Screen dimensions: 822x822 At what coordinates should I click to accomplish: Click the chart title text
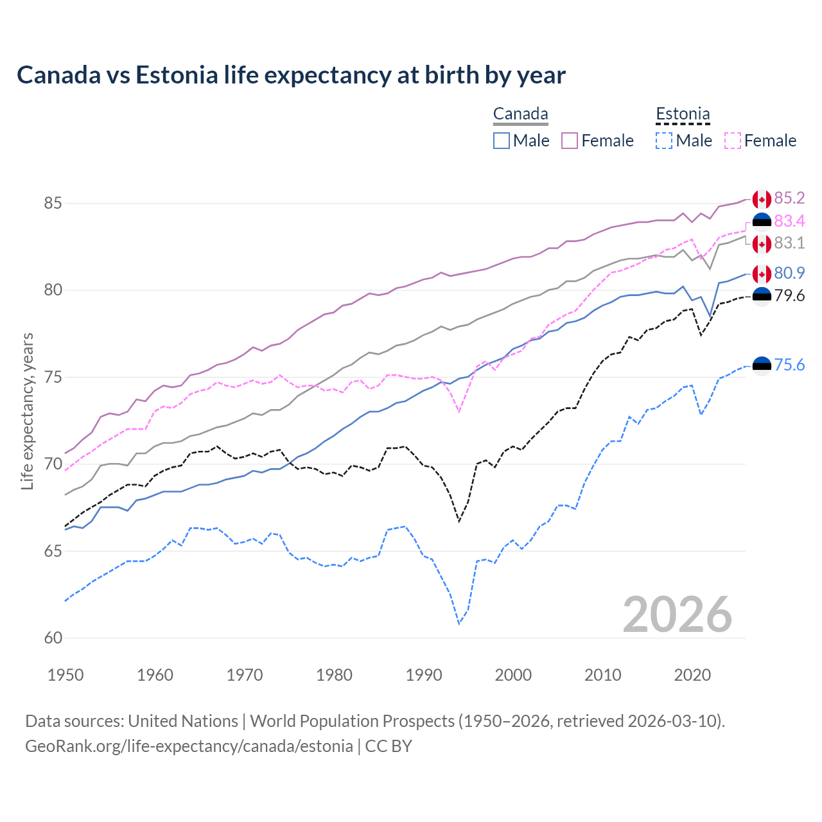pyautogui.click(x=291, y=75)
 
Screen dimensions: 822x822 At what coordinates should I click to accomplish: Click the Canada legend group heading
pyautogui.click(x=520, y=114)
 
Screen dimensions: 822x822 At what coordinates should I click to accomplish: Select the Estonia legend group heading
pyautogui.click(x=683, y=114)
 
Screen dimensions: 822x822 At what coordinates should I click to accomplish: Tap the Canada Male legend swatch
pyautogui.click(x=502, y=141)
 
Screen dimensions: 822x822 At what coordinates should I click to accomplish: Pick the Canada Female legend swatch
pyautogui.click(x=570, y=141)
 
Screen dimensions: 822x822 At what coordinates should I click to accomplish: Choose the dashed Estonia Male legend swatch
pyautogui.click(x=664, y=141)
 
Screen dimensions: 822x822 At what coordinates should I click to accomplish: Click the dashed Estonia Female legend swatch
pyautogui.click(x=732, y=141)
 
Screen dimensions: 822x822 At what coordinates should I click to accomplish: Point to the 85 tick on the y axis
pyautogui.click(x=53, y=204)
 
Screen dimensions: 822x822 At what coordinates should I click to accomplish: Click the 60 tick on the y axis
pyautogui.click(x=53, y=638)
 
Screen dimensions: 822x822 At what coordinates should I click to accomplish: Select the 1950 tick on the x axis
pyautogui.click(x=66, y=675)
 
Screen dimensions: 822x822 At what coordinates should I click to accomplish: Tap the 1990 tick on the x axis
pyautogui.click(x=424, y=675)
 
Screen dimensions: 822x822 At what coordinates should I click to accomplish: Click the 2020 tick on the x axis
pyautogui.click(x=692, y=675)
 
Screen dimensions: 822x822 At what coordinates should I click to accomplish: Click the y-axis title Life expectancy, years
pyautogui.click(x=27, y=411)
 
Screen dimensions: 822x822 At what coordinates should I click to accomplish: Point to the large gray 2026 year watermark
pyautogui.click(x=677, y=615)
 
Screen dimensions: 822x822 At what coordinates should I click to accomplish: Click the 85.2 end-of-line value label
pyautogui.click(x=789, y=198)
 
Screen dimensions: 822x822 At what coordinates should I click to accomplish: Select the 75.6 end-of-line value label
pyautogui.click(x=789, y=365)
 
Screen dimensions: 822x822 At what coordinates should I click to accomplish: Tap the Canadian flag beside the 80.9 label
pyautogui.click(x=762, y=274)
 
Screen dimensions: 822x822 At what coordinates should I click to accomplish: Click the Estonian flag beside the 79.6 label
pyautogui.click(x=762, y=296)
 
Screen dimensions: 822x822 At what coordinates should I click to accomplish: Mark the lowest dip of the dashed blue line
pyautogui.click(x=459, y=623)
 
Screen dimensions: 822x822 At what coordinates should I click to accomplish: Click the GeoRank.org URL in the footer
pyautogui.click(x=189, y=746)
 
